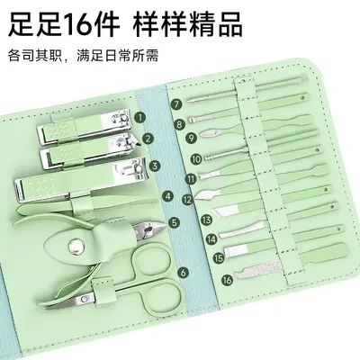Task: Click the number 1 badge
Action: [139, 117]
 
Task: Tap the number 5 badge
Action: [175, 222]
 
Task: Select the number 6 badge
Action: [184, 273]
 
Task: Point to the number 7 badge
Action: [176, 104]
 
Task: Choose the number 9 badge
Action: [191, 138]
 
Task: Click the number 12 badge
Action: [188, 200]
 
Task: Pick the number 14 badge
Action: [211, 239]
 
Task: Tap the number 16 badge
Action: [228, 280]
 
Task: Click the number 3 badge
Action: [155, 166]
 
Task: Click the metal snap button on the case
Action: [74, 246]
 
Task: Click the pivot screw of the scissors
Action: [85, 298]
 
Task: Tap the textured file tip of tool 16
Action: [258, 268]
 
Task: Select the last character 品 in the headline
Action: [226, 23]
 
